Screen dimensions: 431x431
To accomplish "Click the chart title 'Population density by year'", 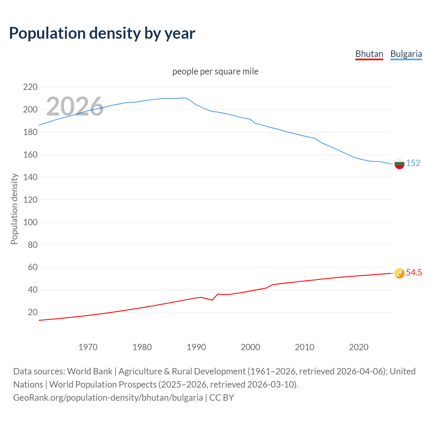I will (x=102, y=33).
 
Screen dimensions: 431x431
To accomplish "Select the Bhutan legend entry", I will (x=369, y=54).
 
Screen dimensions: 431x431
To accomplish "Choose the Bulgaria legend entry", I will (x=406, y=54).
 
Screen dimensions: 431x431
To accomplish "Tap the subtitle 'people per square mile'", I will (x=215, y=72).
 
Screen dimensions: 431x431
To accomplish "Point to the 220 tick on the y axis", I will (x=30, y=87).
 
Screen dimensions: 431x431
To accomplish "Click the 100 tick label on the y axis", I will (x=30, y=222).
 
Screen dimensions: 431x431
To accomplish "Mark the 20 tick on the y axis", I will (x=33, y=312).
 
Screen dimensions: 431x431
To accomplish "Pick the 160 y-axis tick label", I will (x=30, y=155).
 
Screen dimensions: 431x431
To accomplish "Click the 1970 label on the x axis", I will (x=88, y=347).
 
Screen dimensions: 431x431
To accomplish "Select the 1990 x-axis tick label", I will (x=196, y=347).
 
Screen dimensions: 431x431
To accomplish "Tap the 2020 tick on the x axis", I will (x=359, y=347).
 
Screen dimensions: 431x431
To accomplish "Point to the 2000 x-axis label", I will (x=251, y=347).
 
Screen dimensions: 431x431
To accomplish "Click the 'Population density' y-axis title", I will (x=14, y=209).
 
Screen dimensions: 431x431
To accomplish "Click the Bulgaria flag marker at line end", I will (x=399, y=164).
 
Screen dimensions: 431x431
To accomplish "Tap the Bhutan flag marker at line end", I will (x=399, y=273).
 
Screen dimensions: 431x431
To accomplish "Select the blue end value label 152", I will (x=413, y=163).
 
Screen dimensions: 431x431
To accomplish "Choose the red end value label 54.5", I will (x=414, y=273).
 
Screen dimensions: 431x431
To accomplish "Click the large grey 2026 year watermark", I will (x=75, y=106).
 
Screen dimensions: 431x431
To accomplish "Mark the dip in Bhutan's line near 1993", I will (x=212, y=300).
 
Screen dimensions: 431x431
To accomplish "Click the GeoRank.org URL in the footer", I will (x=108, y=398).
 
